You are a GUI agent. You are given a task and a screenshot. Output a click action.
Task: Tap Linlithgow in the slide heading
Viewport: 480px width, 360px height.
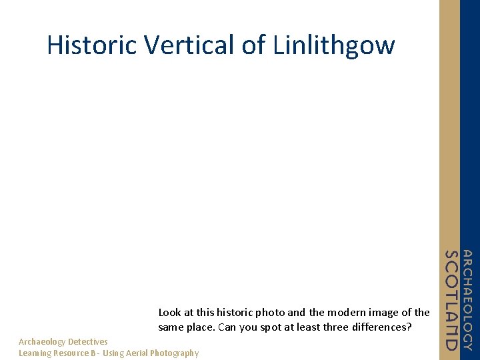coord(334,45)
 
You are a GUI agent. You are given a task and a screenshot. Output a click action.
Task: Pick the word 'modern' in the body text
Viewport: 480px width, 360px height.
coord(343,312)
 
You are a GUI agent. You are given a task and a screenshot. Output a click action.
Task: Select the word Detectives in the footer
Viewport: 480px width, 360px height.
coord(87,342)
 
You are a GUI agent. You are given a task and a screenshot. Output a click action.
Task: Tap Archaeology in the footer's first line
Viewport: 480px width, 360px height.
coord(42,342)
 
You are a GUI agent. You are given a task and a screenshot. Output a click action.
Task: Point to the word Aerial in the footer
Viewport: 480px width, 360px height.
coord(137,353)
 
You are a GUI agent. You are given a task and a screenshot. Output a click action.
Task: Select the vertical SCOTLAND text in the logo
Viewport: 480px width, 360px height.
coord(452,300)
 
